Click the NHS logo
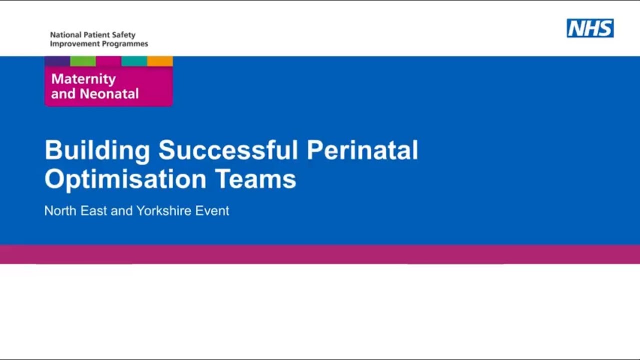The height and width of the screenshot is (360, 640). tap(590, 28)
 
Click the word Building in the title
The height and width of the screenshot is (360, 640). tap(97, 150)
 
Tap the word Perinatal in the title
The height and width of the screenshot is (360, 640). tap(362, 150)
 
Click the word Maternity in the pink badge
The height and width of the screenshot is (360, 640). tap(83, 79)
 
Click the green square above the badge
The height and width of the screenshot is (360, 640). tap(83, 61)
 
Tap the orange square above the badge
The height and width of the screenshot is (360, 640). tap(160, 61)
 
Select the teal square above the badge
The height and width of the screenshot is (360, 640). tap(134, 61)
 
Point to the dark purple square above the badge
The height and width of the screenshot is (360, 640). tap(57, 61)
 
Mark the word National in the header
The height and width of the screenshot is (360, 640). tap(64, 35)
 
